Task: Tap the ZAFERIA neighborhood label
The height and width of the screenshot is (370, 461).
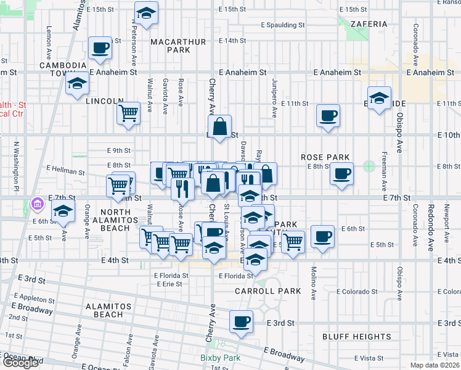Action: click(369, 24)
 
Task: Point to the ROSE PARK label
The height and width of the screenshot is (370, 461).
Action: click(325, 157)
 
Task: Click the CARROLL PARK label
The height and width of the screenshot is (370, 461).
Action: click(267, 290)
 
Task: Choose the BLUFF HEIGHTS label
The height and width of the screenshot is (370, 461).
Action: click(357, 337)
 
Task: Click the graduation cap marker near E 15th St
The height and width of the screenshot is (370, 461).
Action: click(146, 12)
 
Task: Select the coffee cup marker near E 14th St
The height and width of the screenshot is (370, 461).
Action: click(99, 47)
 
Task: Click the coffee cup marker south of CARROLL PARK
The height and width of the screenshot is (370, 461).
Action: click(241, 321)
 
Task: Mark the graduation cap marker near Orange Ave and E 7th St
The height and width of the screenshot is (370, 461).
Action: click(62, 210)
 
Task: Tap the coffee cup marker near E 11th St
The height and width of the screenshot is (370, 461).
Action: click(328, 115)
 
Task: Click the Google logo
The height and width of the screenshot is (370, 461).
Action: click(20, 363)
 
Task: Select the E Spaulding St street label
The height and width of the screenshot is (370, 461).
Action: click(283, 25)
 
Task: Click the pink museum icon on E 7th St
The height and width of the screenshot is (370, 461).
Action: click(37, 203)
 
